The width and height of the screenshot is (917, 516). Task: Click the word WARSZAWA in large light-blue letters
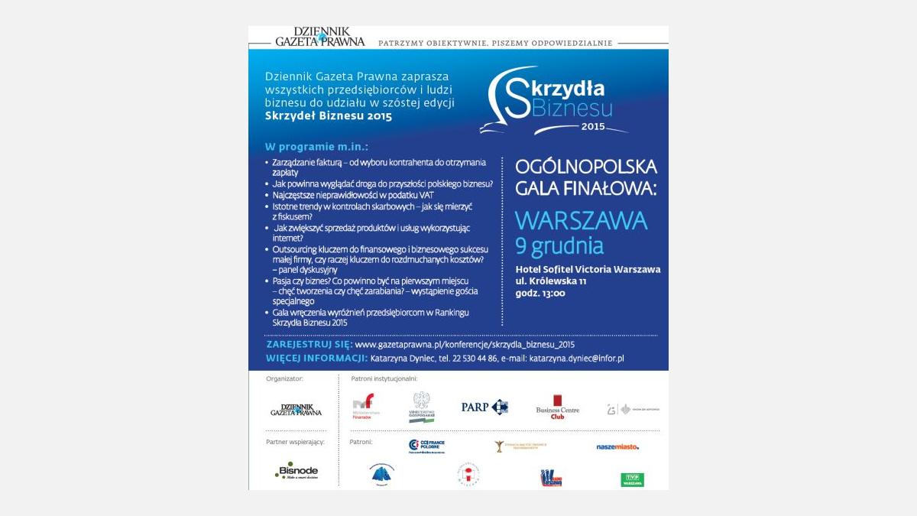pos(581,221)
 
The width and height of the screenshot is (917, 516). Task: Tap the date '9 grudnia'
pos(559,246)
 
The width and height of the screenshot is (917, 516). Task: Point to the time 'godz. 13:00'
pos(540,294)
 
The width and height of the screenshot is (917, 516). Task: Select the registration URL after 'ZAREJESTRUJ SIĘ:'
pos(465,345)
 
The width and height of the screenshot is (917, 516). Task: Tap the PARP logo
pos(484,407)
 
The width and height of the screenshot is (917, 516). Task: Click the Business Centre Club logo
pos(557,407)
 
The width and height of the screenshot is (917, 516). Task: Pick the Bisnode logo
pos(296,472)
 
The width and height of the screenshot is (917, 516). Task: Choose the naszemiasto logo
pos(617,446)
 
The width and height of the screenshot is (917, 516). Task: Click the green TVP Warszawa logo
pos(632,479)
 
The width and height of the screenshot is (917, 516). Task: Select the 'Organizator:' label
pos(284,378)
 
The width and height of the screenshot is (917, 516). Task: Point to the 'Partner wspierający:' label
pos(295,442)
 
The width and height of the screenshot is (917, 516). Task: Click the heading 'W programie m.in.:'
pos(316,147)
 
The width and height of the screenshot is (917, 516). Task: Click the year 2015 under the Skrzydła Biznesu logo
pos(592,125)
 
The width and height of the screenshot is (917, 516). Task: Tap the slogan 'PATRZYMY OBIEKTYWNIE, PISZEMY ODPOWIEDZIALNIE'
pos(495,43)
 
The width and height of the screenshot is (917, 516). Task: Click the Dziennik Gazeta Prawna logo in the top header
pos(319,37)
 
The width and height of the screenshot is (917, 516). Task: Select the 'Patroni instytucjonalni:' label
pos(384,378)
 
